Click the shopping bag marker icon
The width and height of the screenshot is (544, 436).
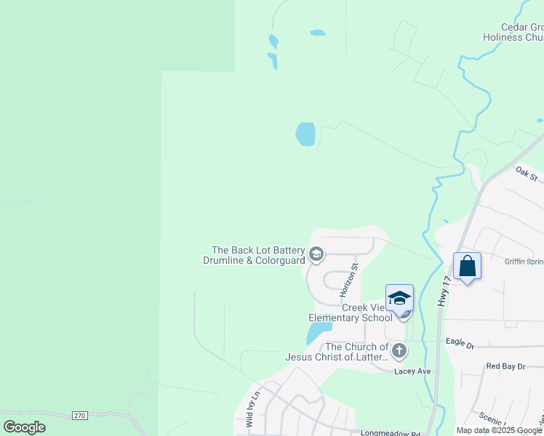(467, 266)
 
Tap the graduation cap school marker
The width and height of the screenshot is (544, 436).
(399, 298)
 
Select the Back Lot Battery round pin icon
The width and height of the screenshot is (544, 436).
(316, 254)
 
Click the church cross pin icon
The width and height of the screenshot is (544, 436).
(399, 352)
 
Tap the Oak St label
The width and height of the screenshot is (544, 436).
(526, 174)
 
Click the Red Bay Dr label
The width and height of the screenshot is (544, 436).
(505, 366)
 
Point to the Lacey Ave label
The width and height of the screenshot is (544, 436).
(412, 371)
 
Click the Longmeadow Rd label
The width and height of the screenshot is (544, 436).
(391, 433)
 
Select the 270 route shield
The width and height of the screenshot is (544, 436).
(80, 415)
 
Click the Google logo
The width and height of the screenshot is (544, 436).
(25, 427)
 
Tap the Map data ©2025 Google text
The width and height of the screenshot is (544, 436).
(499, 430)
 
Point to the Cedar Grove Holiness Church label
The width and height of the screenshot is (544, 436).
(513, 32)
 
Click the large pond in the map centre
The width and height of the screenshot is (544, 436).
(305, 134)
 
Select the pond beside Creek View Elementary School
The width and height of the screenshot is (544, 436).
(316, 334)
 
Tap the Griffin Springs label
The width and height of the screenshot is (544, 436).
(524, 262)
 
